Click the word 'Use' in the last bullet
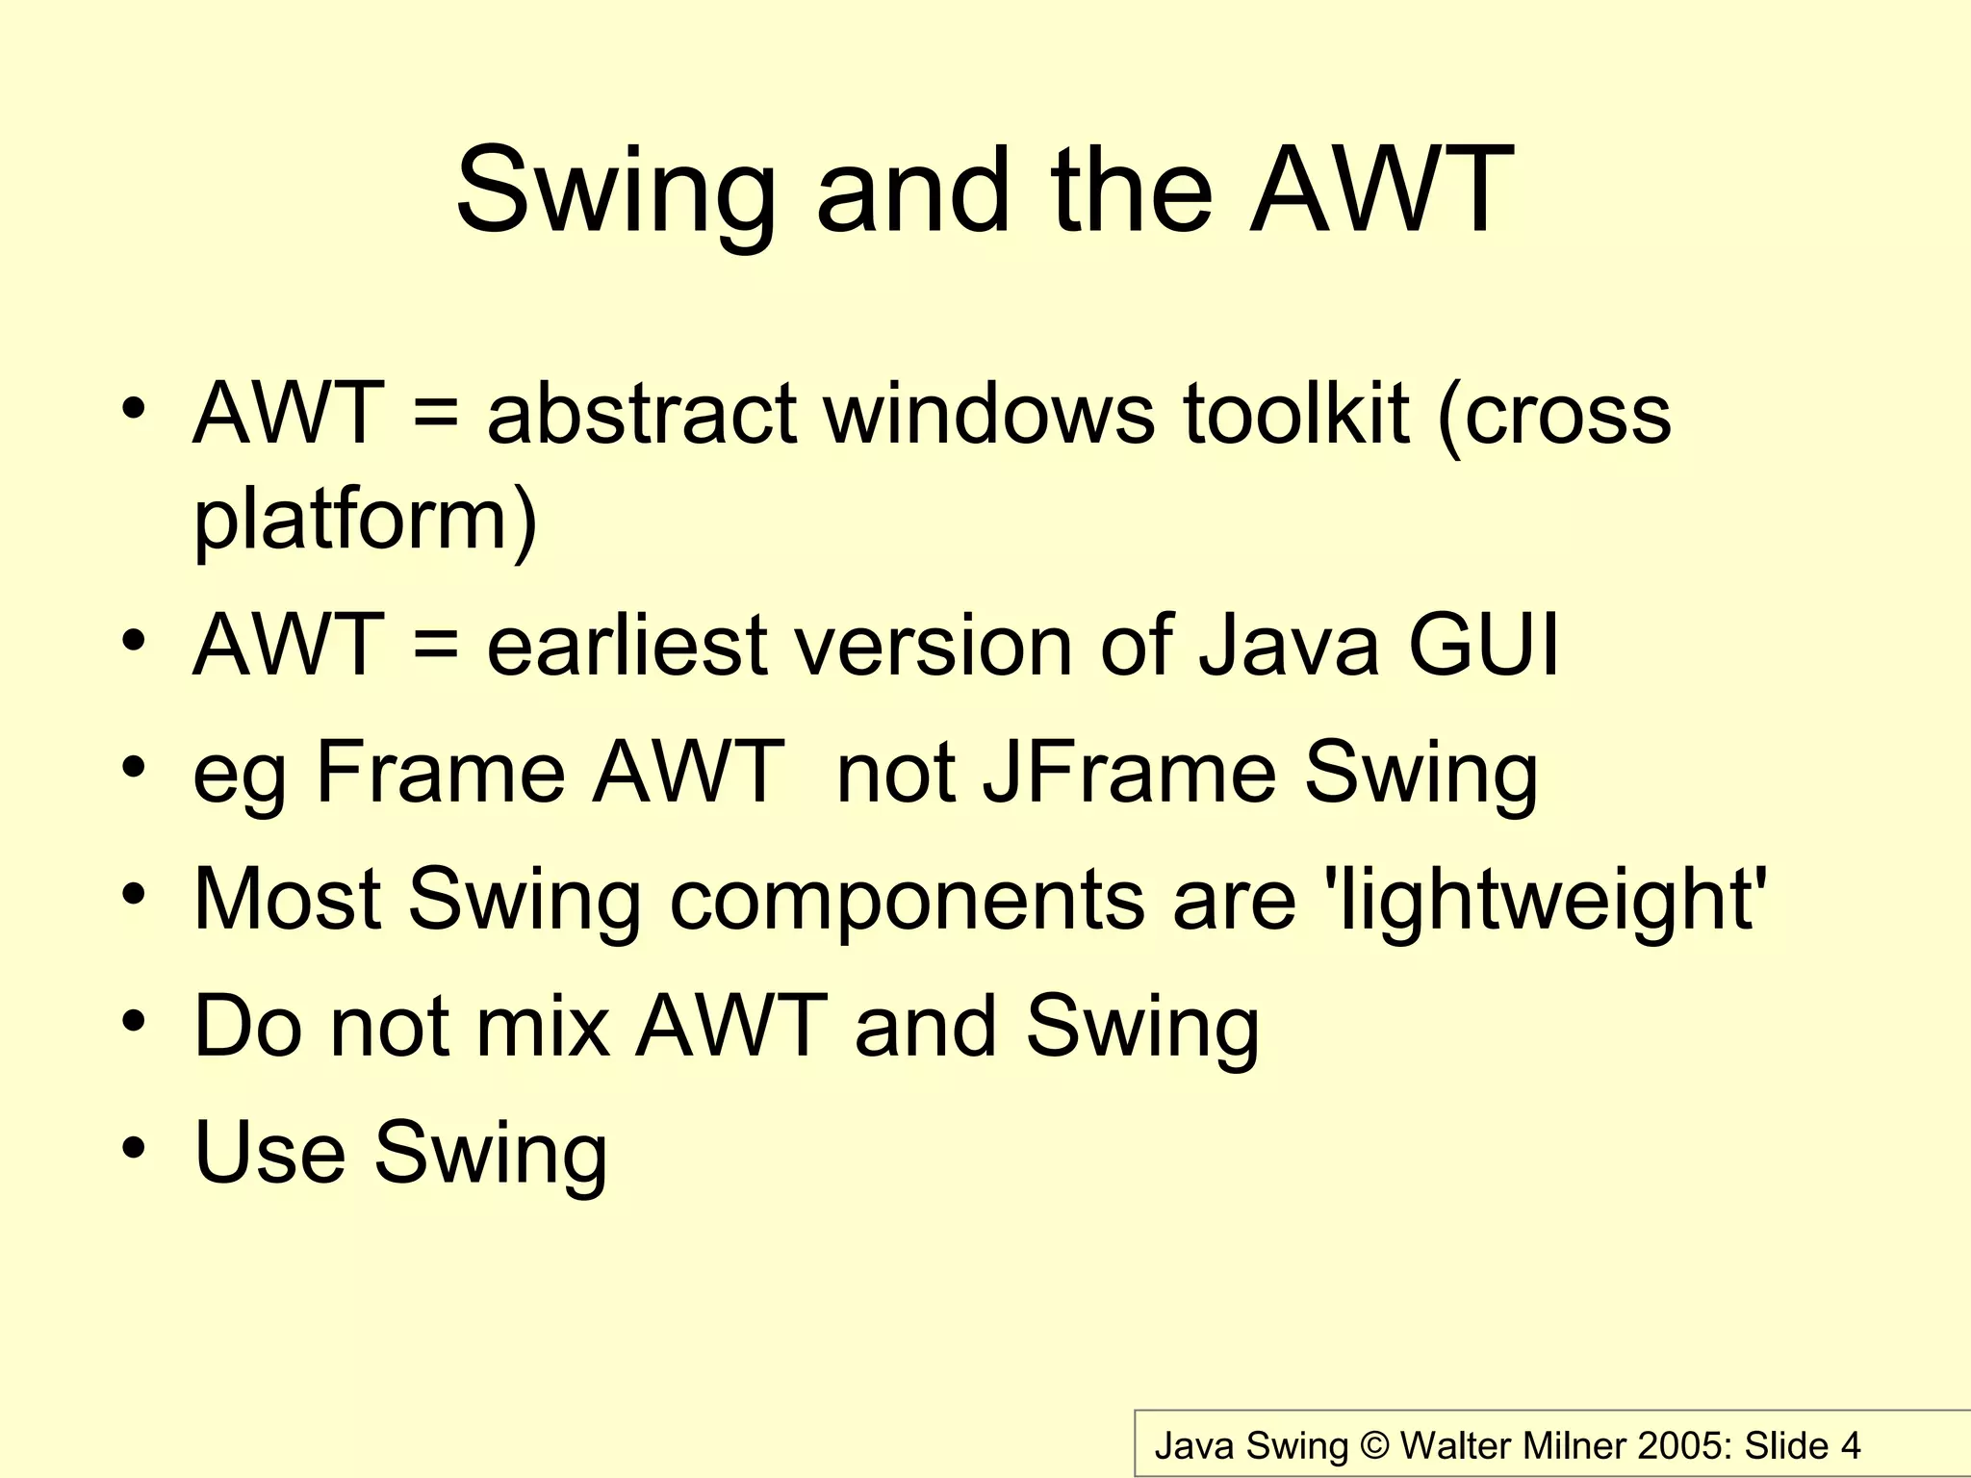269,1152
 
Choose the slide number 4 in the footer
1850,1446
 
